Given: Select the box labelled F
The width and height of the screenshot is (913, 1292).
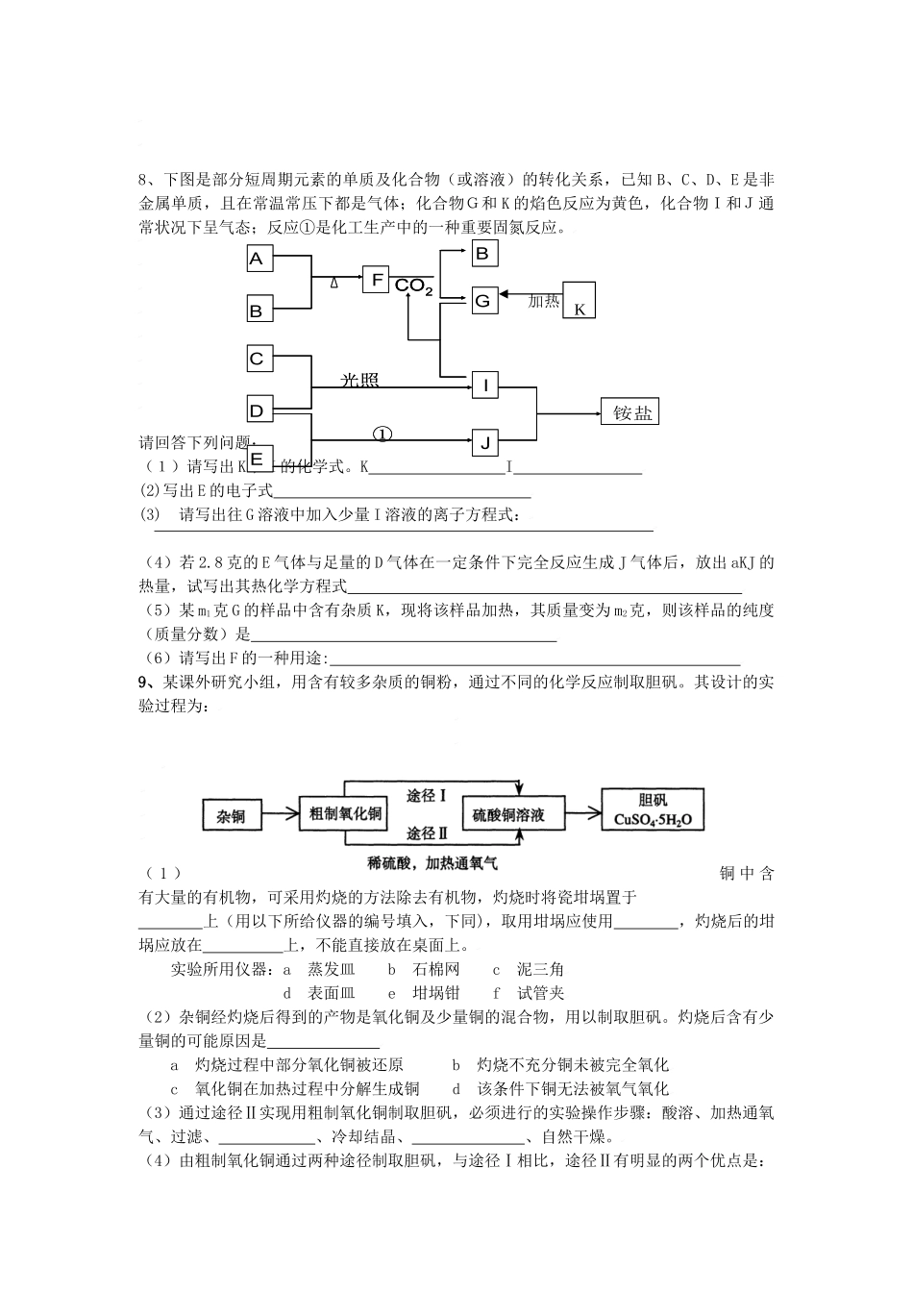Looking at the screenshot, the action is pos(377,280).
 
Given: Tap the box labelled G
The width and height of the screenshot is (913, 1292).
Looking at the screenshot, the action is pos(483,300).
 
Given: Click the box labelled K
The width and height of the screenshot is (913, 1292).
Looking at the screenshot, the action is pos(580,300).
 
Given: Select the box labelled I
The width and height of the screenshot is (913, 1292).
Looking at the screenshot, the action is pos(485,386).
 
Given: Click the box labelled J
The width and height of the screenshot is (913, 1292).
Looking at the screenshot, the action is pos(485,443).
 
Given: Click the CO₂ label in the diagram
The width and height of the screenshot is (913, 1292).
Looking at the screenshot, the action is pos(414,286).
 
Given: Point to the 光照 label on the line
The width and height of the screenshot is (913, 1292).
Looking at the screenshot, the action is pos(360,381).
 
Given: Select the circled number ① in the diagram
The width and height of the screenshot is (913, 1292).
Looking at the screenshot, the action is pos(382,434).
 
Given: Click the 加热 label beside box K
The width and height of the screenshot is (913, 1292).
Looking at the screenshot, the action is pos(544,301).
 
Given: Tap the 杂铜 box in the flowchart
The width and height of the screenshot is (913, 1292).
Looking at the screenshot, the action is pos(231,816).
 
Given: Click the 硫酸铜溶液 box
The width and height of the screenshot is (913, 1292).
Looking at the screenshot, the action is pos(508,814).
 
